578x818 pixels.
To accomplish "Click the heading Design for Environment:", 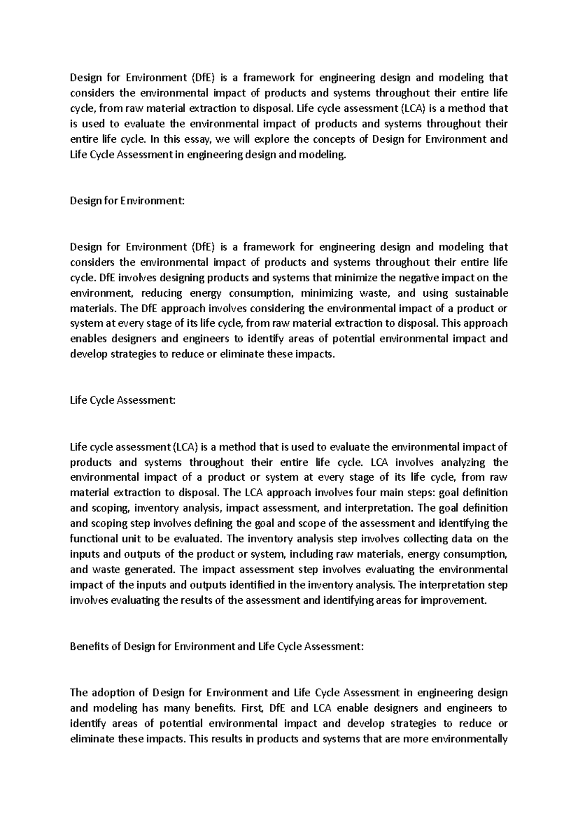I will [x=127, y=201].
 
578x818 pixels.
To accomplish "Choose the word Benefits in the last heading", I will [x=89, y=646].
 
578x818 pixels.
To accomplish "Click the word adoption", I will [x=112, y=693].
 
